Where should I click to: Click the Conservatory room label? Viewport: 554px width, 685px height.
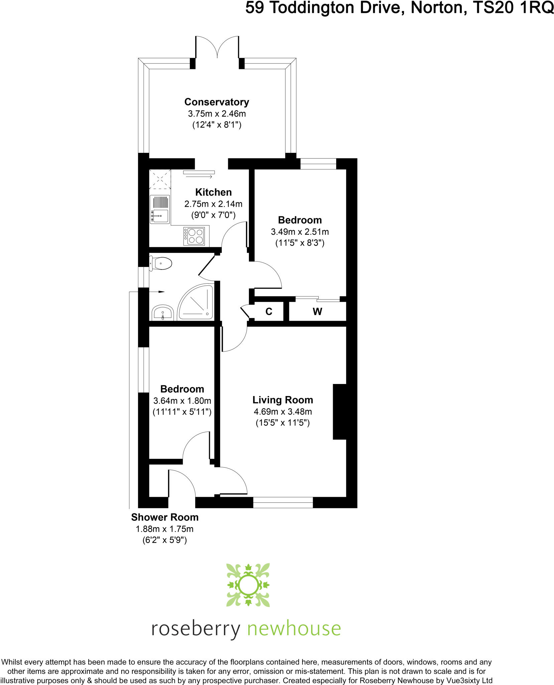217,102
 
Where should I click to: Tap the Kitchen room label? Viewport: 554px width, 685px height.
214,192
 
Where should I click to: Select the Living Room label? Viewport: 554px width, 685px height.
283,400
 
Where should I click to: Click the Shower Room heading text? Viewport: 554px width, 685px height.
165,517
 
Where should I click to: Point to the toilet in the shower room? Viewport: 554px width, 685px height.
161,264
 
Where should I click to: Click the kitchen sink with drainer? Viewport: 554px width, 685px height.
160,210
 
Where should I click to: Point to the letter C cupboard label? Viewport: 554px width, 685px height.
269,312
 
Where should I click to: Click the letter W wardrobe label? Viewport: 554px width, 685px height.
317,312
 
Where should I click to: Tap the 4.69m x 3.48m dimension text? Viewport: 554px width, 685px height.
283,412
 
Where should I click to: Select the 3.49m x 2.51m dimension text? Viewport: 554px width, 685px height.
300,232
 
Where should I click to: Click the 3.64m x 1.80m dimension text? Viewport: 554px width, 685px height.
182,401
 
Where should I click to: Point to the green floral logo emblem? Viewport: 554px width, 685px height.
248,585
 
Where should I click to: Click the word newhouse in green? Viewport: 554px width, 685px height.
294,628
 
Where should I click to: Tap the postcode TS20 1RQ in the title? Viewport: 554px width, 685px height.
513,8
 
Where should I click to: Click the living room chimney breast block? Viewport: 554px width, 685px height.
339,412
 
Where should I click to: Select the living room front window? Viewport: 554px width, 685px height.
283,502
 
